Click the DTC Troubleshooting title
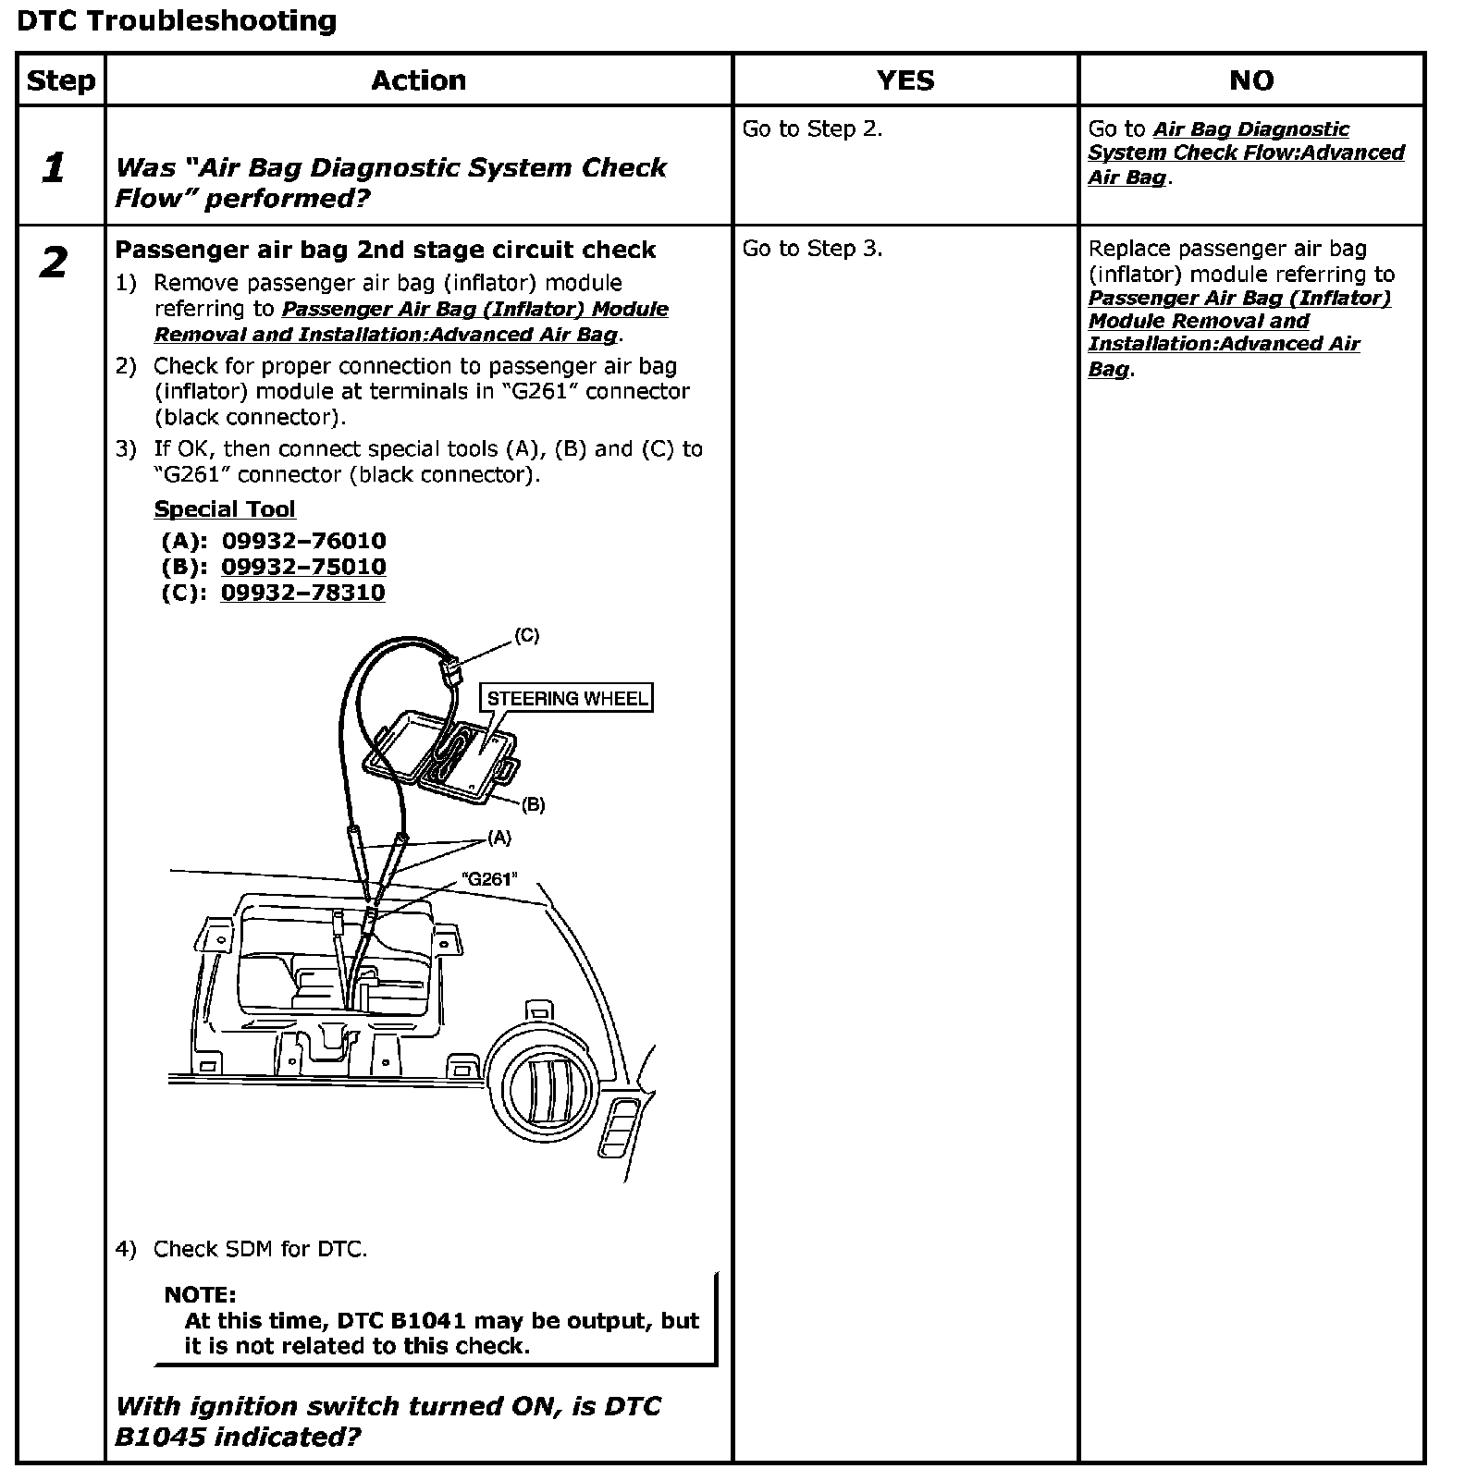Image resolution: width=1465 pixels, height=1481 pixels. coord(177,21)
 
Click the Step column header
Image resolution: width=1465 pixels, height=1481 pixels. coord(61,80)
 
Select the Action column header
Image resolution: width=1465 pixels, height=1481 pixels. coord(418,80)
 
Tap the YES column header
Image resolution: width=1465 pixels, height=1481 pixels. coord(905,80)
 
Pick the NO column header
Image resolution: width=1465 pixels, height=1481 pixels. coord(1250,80)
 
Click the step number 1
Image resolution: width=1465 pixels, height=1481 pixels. coord(54,168)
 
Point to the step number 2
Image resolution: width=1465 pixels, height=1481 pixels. coord(54,263)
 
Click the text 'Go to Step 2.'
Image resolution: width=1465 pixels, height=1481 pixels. coord(812,129)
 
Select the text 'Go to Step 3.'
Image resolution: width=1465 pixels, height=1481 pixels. coord(812,249)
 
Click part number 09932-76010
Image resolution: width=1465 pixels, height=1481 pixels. coord(303,541)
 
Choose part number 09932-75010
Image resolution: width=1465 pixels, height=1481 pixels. coord(303,567)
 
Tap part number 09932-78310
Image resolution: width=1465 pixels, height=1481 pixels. coord(302,593)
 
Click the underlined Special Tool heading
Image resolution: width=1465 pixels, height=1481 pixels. coord(225,509)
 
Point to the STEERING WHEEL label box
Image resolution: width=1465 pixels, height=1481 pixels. coord(567,698)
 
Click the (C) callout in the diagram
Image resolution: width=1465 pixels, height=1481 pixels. coord(526,635)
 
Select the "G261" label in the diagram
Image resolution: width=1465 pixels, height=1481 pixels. coord(489,878)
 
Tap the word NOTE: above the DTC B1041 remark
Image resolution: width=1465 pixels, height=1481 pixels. coord(200,1294)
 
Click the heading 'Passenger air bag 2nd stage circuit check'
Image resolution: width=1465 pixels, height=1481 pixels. coord(385,250)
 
